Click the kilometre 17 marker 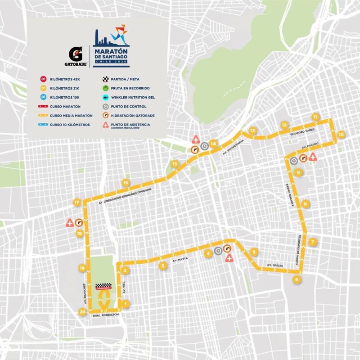click(x=77, y=202)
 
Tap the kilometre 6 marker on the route click(x=296, y=279)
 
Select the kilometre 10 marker click(x=341, y=134)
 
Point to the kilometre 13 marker click(x=252, y=130)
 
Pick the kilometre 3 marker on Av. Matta click(x=162, y=266)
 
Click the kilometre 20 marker click(x=82, y=311)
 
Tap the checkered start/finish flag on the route click(x=104, y=287)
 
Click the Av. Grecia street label click(x=274, y=266)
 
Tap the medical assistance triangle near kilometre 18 click(x=70, y=222)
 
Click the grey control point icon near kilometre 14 click(x=204, y=145)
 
